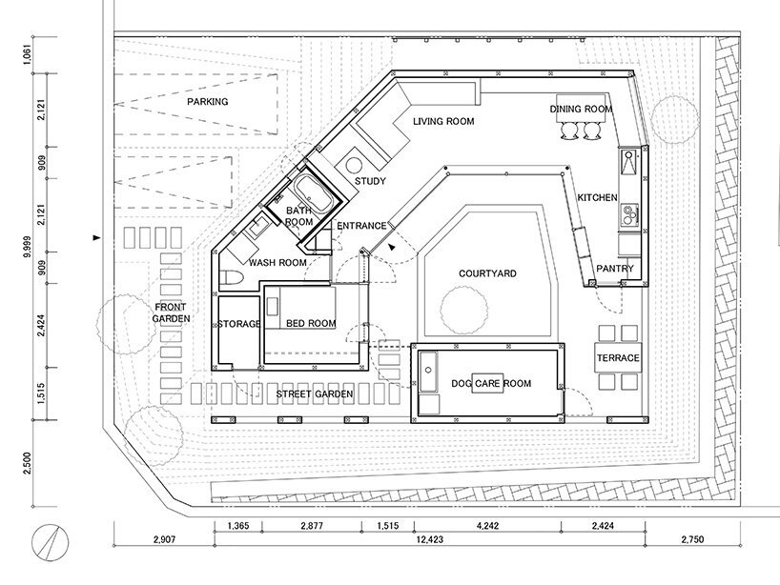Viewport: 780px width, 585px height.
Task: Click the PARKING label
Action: click(x=208, y=101)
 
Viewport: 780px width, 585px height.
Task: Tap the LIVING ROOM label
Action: click(x=443, y=121)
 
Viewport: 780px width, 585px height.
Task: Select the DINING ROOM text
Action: click(x=581, y=109)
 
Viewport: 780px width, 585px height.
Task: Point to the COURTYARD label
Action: click(x=487, y=273)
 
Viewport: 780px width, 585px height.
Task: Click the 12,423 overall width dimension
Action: click(x=429, y=539)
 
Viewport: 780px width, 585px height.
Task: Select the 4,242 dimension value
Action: click(x=487, y=525)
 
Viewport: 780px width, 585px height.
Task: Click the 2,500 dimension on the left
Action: click(x=28, y=463)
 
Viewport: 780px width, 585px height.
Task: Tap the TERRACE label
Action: click(x=618, y=358)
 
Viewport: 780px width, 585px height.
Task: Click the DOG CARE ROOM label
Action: click(x=491, y=383)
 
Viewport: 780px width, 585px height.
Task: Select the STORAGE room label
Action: click(x=238, y=324)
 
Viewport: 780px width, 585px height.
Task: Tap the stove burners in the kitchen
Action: click(x=629, y=214)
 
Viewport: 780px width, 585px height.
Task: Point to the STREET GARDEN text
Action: click(x=315, y=394)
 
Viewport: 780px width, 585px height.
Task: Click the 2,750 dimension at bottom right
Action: click(x=692, y=539)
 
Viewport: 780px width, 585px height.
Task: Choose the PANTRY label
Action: click(x=615, y=269)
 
